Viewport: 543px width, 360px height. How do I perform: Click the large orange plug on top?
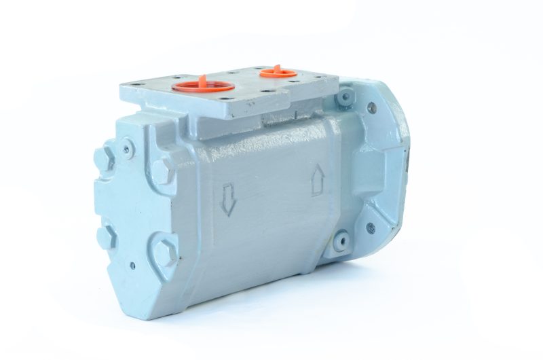click(203, 86)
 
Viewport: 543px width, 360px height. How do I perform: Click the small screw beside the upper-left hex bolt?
click(127, 145)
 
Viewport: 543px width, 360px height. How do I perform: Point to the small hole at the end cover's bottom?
click(132, 266)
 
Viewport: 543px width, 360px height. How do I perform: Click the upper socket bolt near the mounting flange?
click(346, 97)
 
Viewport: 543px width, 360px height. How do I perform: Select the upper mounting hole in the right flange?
click(371, 107)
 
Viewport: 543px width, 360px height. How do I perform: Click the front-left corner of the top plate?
click(122, 93)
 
